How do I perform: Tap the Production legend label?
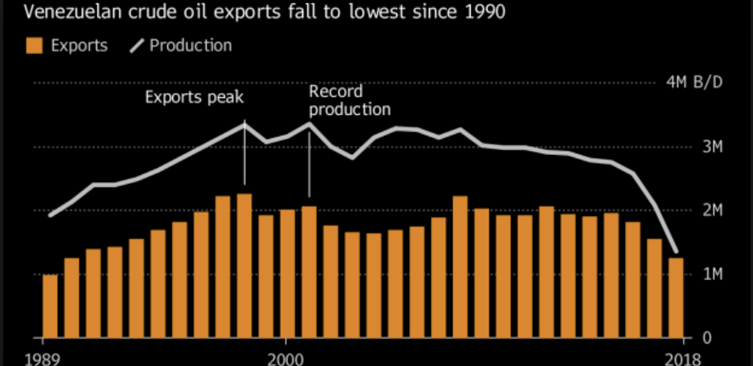(191, 46)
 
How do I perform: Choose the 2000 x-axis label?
(287, 359)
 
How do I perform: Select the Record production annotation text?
(350, 100)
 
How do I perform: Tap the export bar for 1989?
(50, 306)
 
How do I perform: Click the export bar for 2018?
(675, 298)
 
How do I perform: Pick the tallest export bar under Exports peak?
(244, 266)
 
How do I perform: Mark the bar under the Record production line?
(309, 272)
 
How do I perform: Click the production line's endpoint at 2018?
(675, 251)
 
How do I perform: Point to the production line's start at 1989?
(50, 215)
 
